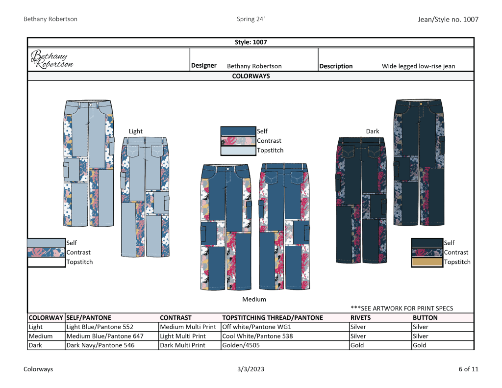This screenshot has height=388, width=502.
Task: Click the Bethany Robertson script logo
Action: click(x=51, y=59)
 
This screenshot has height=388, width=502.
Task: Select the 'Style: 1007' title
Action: click(x=251, y=42)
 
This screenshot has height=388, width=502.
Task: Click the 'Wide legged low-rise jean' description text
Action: click(x=418, y=66)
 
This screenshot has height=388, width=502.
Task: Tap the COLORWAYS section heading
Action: click(x=251, y=76)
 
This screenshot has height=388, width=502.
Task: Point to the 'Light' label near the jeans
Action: click(x=135, y=131)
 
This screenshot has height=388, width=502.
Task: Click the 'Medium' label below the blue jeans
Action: click(x=254, y=299)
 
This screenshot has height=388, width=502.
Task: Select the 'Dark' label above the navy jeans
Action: click(x=373, y=131)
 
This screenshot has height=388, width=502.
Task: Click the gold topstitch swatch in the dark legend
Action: click(x=427, y=262)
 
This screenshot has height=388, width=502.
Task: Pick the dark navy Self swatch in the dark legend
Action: click(x=427, y=243)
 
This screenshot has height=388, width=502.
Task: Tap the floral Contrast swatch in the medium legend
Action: click(x=238, y=141)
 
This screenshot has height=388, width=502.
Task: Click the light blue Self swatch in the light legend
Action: click(x=47, y=243)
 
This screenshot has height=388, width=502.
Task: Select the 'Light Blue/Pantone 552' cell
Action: click(x=100, y=327)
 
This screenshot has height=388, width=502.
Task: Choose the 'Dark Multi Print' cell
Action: click(x=183, y=345)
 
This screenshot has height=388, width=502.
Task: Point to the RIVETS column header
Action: click(x=360, y=317)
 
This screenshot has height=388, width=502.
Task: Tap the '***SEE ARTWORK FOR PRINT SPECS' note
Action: click(x=402, y=309)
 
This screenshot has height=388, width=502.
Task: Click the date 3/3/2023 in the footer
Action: click(x=251, y=369)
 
